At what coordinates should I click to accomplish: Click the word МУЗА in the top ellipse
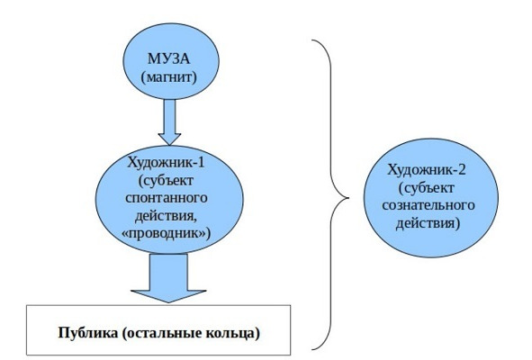pyautogui.click(x=168, y=58)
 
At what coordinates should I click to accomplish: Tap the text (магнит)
pyautogui.click(x=168, y=77)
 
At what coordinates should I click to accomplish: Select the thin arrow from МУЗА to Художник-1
pyautogui.click(x=169, y=122)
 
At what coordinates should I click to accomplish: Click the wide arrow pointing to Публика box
pyautogui.click(x=168, y=278)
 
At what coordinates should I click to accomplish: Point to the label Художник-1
pyautogui.click(x=166, y=162)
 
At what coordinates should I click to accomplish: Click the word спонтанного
pyautogui.click(x=167, y=198)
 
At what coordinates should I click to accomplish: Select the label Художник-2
pyautogui.click(x=427, y=169)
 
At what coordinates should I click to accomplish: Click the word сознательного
pyautogui.click(x=428, y=205)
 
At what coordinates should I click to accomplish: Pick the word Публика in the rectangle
pyautogui.click(x=87, y=332)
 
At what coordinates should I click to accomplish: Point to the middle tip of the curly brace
pyautogui.click(x=348, y=197)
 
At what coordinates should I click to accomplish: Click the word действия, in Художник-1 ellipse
pyautogui.click(x=166, y=216)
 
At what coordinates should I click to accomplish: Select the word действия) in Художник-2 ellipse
pyautogui.click(x=428, y=223)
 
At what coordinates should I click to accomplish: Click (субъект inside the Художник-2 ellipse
pyautogui.click(x=427, y=187)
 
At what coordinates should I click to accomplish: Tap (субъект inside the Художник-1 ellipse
pyautogui.click(x=166, y=180)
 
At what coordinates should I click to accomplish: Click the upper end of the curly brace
pyautogui.click(x=312, y=40)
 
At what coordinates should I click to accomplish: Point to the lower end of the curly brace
pyautogui.click(x=312, y=349)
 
